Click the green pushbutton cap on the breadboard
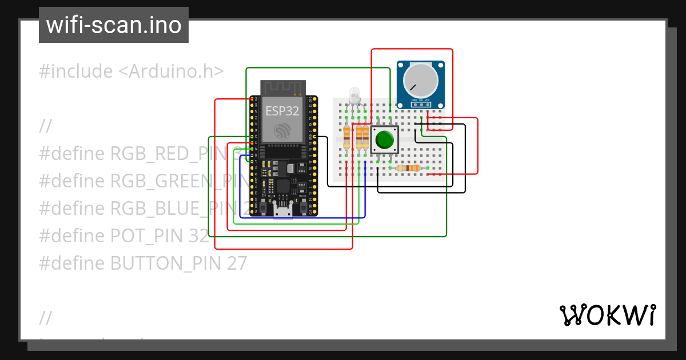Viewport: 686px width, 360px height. coord(384,139)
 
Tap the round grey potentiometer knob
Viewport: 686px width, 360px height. coord(420,80)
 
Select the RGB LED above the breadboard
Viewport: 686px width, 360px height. coord(354,96)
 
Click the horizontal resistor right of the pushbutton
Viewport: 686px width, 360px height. coord(409,168)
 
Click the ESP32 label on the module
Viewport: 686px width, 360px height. coord(282,111)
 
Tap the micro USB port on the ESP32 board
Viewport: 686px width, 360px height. coord(283,213)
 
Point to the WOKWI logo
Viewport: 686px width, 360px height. coord(607,315)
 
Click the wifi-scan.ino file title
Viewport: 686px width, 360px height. coord(113,25)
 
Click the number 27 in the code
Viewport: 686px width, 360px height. coord(237,263)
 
